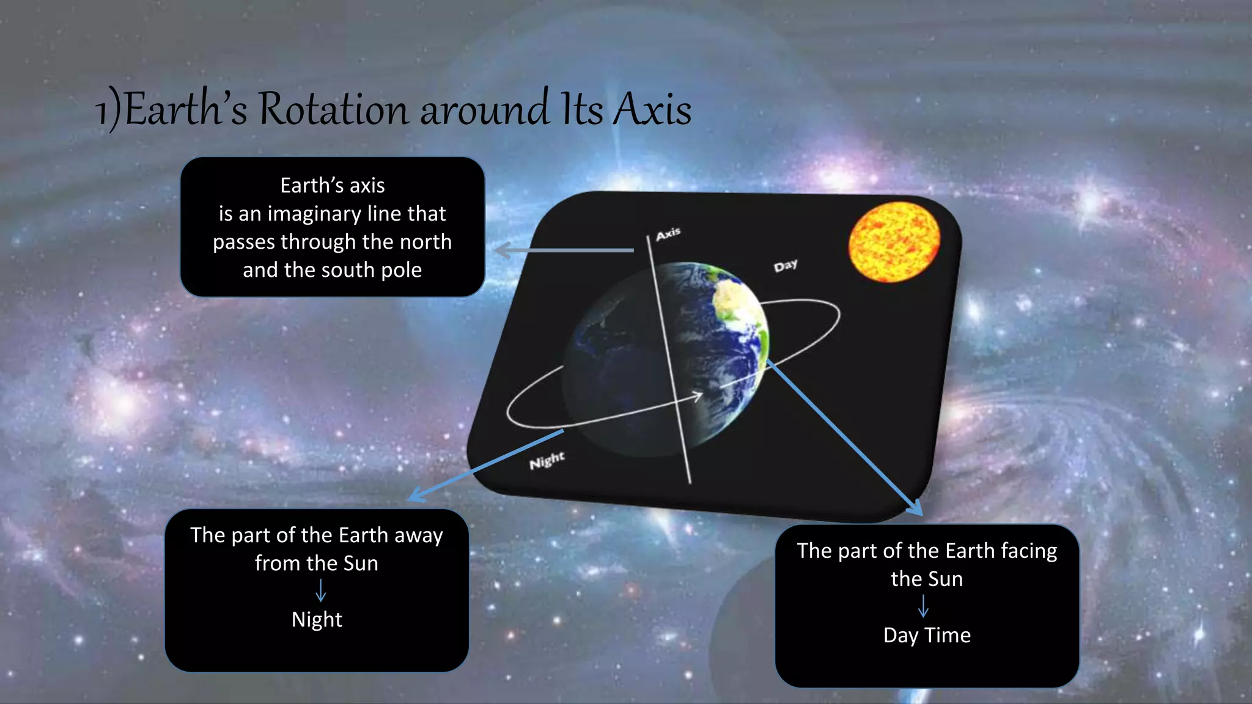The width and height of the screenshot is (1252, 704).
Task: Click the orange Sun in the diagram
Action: point(894,242)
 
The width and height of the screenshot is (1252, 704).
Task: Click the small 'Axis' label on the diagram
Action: point(668,233)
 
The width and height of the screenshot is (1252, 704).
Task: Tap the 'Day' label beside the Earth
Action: point(786,265)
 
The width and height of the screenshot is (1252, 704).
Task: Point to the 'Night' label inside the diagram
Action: point(547,460)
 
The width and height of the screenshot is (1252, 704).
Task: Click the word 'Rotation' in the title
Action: point(333,110)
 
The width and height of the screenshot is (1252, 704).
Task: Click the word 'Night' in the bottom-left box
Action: point(317,620)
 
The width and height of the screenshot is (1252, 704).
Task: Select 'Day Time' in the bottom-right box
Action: point(927,636)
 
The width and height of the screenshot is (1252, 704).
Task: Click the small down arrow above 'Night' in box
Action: point(320,591)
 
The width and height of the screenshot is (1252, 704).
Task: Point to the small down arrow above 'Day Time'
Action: point(923,606)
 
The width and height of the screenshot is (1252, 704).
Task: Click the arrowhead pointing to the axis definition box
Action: point(503,250)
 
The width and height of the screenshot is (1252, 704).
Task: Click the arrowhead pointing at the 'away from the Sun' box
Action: point(416,496)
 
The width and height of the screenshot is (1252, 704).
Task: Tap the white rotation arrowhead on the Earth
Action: point(698,397)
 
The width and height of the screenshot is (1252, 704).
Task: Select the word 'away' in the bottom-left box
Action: point(418,535)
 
